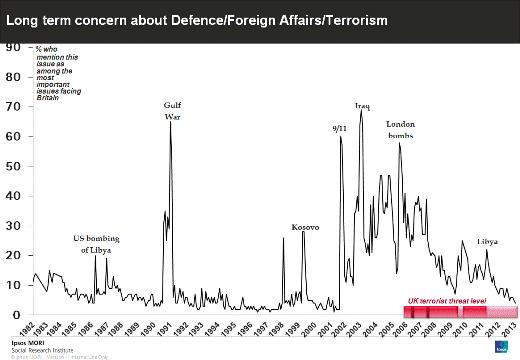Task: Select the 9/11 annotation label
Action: (x=339, y=128)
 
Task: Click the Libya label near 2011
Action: (x=487, y=241)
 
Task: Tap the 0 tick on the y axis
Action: (x=15, y=315)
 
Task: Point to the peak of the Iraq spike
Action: (x=361, y=110)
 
